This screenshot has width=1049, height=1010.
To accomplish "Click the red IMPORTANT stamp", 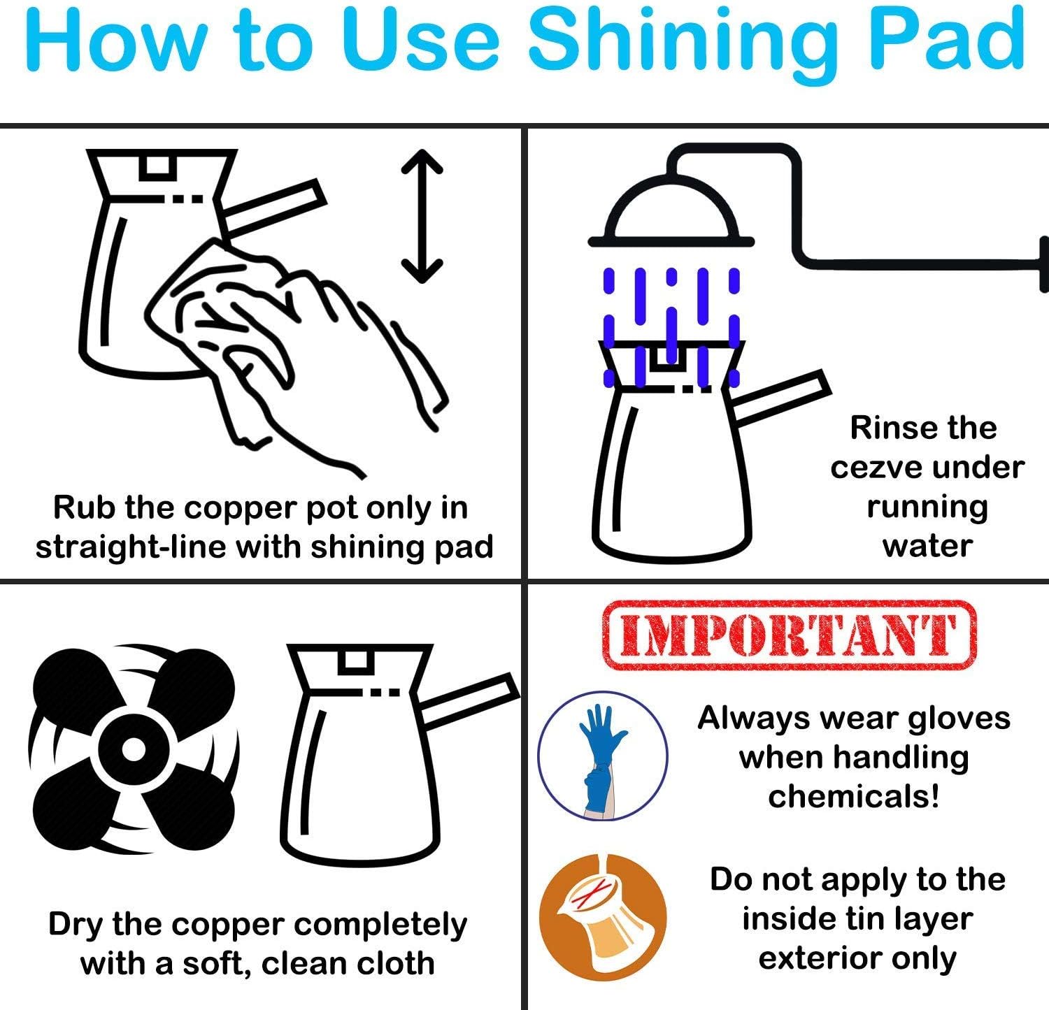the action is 788,635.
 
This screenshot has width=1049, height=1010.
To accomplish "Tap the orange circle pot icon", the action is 603,918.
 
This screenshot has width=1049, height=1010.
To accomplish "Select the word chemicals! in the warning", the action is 853,796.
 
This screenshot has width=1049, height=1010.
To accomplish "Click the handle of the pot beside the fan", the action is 470,700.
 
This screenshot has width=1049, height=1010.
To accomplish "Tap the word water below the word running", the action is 927,546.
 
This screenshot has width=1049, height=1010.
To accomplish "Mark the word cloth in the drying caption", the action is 396,964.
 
